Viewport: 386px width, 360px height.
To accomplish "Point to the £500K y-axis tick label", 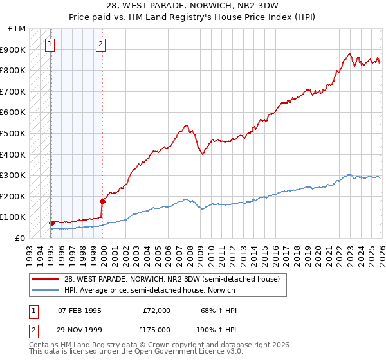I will [15, 134].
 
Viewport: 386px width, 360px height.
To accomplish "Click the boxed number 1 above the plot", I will [50, 44].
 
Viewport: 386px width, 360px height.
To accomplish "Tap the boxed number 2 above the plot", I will [101, 44].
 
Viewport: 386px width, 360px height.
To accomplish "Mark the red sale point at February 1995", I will [51, 223].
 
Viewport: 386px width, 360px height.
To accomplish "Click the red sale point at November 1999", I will [102, 201].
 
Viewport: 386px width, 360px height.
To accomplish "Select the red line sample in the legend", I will [45, 280].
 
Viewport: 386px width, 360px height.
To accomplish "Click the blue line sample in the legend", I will [45, 290].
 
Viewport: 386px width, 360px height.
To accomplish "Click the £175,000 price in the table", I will [156, 329].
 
